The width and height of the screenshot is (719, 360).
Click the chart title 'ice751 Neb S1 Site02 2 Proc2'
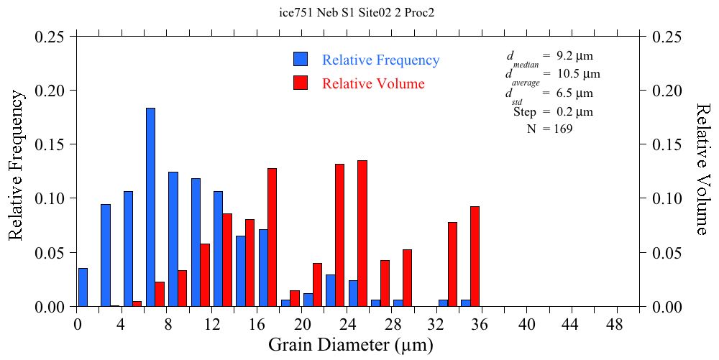pos(357,13)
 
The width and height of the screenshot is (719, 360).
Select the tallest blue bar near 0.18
pos(150,207)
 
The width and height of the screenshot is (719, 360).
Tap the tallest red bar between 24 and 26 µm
pos(362,234)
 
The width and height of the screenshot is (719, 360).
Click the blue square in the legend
pos(301,59)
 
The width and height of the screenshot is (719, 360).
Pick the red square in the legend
pos(301,83)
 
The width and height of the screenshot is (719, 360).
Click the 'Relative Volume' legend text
pos(373,83)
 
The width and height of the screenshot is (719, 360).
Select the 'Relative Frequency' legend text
pos(380,60)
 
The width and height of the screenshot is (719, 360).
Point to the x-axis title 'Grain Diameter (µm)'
pos(351,345)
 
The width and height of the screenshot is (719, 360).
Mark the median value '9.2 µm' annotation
pos(574,55)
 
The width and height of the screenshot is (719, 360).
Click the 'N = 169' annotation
pos(550,129)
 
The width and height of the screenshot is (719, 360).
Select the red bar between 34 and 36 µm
pos(475,257)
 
